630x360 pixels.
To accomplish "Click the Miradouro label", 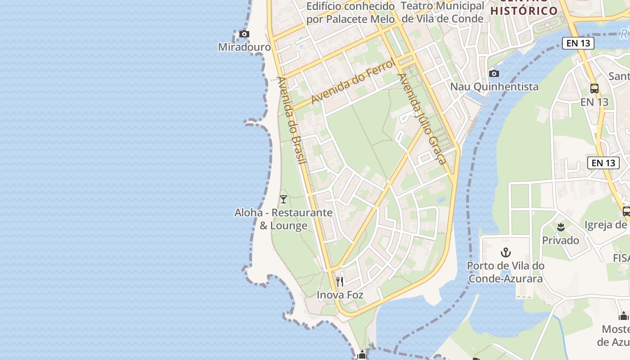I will pos(244,47).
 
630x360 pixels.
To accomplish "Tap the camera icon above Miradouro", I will pos(244,34).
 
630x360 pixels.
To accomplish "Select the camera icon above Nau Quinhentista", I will pos(494,73).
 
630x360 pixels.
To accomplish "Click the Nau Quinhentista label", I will pos(494,86).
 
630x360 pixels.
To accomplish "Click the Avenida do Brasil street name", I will pos(292,120).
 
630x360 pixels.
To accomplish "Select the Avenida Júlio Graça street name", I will pos(422,118).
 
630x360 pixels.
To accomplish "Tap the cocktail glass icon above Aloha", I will pos(283,199).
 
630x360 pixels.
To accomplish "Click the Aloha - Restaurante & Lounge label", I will pos(283,219).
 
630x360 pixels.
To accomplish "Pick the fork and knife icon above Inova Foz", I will pos(340,282).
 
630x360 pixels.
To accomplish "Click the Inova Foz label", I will pos(340,295).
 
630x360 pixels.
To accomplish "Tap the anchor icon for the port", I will pos(506,252).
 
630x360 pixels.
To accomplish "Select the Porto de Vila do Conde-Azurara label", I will pos(505,272).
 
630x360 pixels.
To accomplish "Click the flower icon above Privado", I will pos(561,227).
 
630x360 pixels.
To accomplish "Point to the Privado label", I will pos(560,240).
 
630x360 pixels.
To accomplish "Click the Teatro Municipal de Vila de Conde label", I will pos(442,12).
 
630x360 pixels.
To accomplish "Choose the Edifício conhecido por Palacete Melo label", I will pos(351,13).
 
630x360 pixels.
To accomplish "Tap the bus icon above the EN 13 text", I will pos(594,89).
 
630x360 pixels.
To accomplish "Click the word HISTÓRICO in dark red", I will pos(524,11).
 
